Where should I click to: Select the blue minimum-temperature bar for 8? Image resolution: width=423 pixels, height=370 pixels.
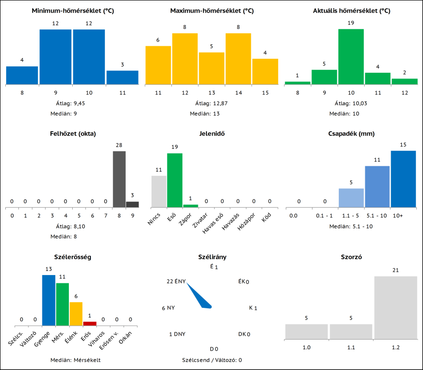(22, 75)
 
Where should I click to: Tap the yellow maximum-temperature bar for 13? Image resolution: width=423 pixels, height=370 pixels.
(212, 68)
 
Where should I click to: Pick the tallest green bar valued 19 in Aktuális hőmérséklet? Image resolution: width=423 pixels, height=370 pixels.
(351, 56)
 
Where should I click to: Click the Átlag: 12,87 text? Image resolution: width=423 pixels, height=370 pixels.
(212, 103)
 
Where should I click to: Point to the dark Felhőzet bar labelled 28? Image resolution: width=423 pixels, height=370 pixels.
(119, 179)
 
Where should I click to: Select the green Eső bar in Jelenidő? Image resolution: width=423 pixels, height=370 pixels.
(175, 180)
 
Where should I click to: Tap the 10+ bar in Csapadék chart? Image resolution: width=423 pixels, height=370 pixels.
(403, 179)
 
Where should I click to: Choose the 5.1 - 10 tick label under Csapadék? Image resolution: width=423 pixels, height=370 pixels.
(377, 215)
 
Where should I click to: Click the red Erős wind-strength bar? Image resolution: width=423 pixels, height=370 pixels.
(90, 323)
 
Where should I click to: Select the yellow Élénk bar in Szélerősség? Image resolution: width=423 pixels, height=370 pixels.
(76, 314)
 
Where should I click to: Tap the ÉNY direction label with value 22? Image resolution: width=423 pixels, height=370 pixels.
(176, 281)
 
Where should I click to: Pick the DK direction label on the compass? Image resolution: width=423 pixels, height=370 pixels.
(242, 334)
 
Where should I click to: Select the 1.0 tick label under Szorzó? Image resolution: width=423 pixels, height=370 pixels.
(306, 347)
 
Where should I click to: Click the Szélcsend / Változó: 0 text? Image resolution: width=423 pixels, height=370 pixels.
(212, 360)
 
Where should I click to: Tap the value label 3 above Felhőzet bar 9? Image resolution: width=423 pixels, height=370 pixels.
(132, 195)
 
